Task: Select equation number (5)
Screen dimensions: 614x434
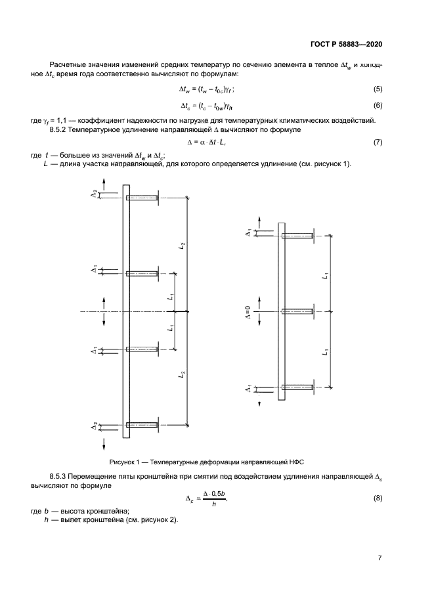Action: (x=378, y=89)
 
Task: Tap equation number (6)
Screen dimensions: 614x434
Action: (x=378, y=105)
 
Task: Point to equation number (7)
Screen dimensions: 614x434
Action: (x=378, y=142)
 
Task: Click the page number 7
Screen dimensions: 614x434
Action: (x=380, y=558)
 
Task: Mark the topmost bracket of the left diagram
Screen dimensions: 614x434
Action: (x=142, y=197)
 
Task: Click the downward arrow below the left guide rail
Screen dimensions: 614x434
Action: (x=104, y=445)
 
